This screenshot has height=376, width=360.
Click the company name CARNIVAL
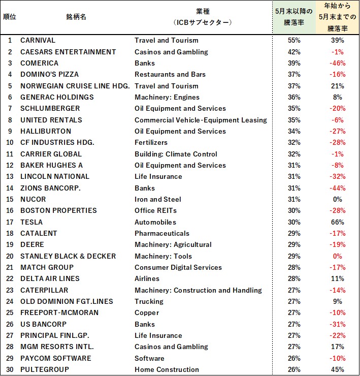coord(38,40)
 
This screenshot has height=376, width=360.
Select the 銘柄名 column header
coord(76,17)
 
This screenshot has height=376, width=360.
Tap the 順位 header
coord(10,17)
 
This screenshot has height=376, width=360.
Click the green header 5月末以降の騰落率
coord(294,17)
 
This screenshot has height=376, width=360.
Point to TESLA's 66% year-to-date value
coord(337,222)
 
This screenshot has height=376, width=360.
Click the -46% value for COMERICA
coord(337,63)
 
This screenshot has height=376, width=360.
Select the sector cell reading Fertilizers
coord(151,142)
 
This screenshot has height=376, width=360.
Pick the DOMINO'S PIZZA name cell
coord(49,74)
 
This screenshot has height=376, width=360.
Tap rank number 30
coord(10,369)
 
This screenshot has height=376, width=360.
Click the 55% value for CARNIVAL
coord(294,40)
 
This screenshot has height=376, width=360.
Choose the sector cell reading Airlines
coord(147,278)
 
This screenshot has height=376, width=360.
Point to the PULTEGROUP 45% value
coord(337,369)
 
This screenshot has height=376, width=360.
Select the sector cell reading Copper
coord(147,312)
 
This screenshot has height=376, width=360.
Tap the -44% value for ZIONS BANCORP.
coord(337,188)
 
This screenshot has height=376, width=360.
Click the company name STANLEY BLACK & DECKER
coord(68,256)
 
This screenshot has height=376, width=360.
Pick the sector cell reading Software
coord(149,358)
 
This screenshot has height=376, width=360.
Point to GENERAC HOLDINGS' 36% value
coord(294,97)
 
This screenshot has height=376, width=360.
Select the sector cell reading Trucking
coord(149,301)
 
